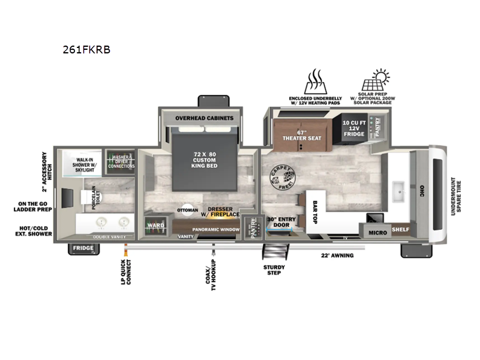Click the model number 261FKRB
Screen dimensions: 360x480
pos(86,50)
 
